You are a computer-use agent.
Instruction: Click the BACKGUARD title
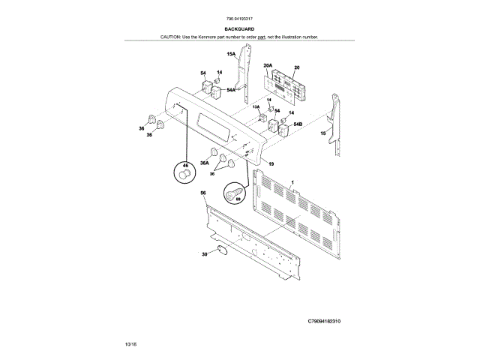point(239,28)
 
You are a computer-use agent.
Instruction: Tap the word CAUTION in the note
point(170,36)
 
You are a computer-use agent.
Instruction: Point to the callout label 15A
point(232,55)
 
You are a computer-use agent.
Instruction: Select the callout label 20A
point(268,65)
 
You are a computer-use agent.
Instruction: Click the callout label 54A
point(231,90)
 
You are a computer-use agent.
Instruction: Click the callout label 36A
point(204,162)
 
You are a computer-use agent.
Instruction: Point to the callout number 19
point(271,163)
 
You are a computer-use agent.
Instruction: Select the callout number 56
point(203,193)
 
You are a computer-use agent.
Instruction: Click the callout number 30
point(203,254)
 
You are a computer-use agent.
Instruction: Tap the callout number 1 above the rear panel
point(292,183)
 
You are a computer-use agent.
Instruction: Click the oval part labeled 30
point(217,250)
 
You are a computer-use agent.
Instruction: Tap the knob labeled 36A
point(217,154)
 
